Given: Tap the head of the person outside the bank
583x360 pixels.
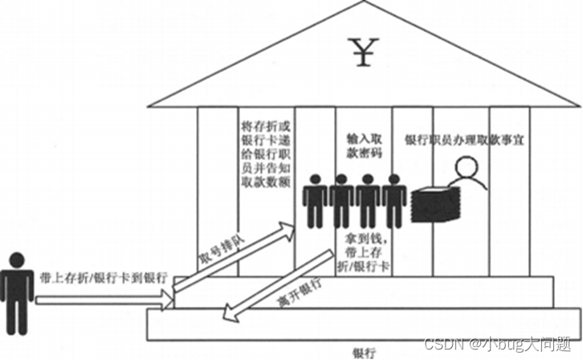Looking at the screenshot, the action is (x=17, y=261).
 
